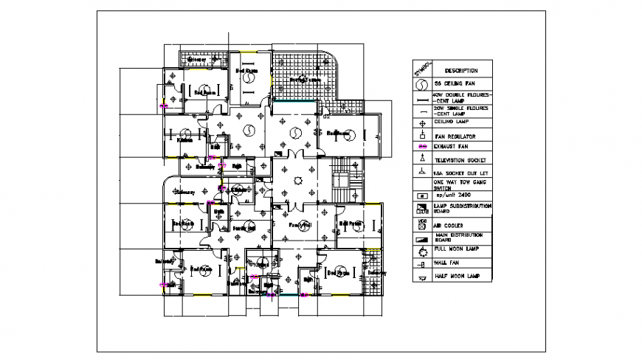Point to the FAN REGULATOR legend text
coord(455,136)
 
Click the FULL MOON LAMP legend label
coord(457,249)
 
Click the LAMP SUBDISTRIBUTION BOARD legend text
coord(462,208)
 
